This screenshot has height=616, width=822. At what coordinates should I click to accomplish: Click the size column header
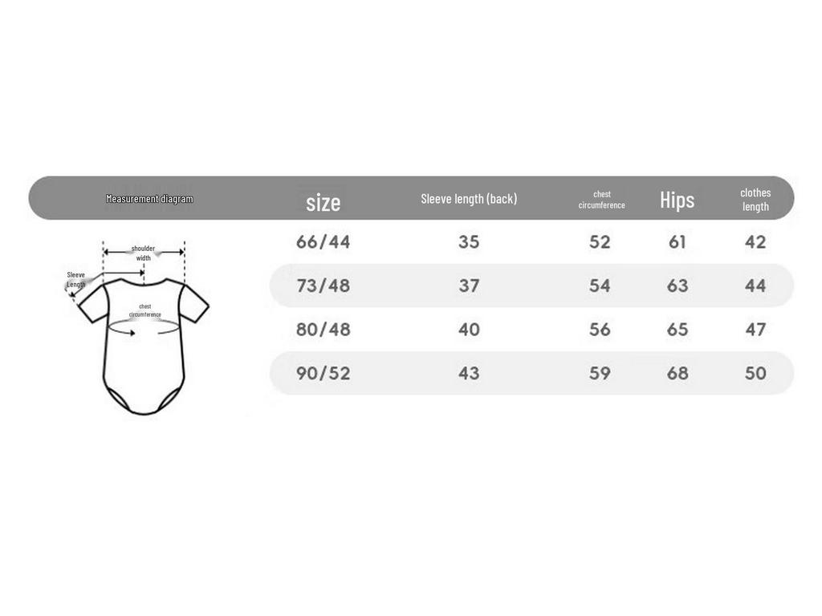323,202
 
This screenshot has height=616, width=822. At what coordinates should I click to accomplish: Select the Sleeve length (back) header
469,199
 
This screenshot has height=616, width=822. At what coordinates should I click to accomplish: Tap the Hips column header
677,200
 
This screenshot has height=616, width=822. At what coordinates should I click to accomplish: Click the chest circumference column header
601,200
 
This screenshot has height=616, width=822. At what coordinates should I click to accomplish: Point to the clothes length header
755,200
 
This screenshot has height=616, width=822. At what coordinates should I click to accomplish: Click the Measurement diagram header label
149,199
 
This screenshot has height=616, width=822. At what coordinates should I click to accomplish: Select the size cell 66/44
323,242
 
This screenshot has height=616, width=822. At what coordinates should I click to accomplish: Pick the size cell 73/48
323,286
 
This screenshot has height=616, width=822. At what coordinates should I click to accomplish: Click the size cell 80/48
323,330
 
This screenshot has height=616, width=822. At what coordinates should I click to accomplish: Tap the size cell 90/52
323,373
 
